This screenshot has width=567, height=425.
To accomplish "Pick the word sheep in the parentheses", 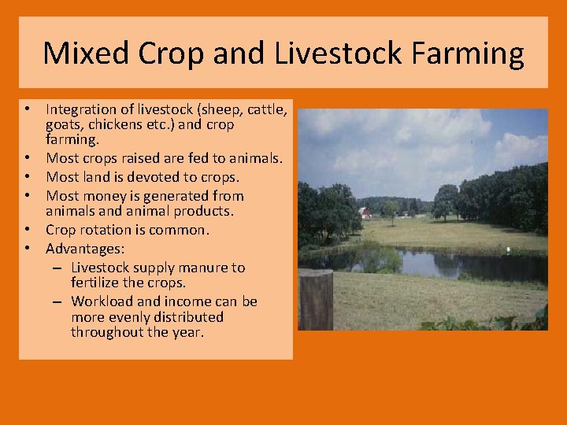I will [217, 109].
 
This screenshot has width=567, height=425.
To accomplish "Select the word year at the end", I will [187, 332].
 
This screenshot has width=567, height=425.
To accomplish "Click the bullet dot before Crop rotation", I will [27, 230].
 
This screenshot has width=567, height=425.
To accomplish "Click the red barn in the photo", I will [365, 213].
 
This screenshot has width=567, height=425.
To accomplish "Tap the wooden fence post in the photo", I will [315, 300].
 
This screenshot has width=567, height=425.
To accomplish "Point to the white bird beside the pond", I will [508, 250].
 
